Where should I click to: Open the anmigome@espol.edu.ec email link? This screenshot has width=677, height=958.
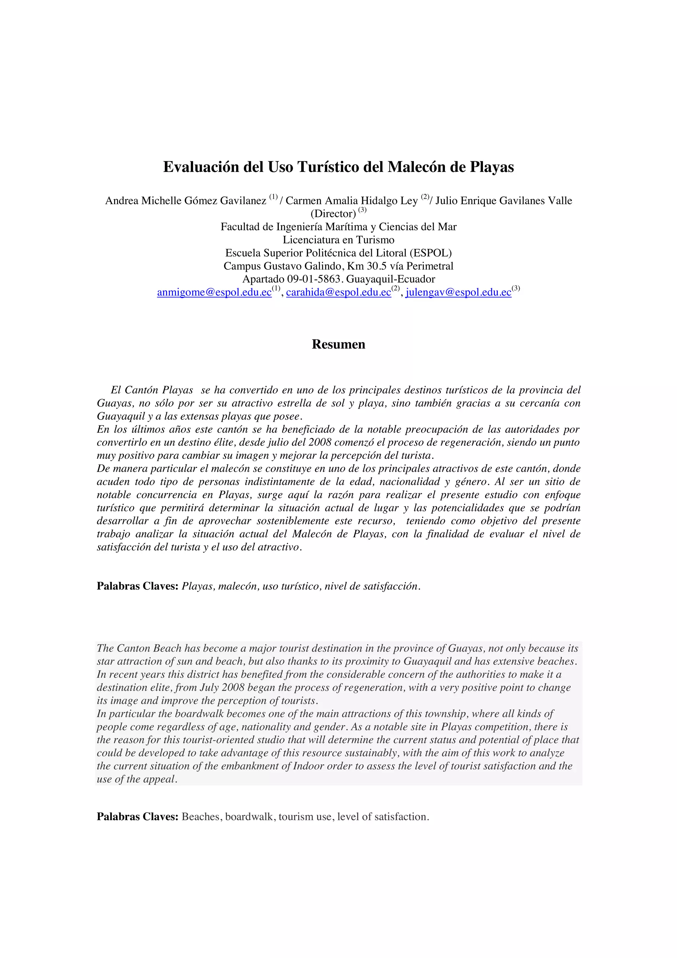215,293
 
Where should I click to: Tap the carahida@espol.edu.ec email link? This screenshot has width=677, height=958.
338,293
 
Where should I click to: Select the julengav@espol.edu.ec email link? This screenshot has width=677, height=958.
458,293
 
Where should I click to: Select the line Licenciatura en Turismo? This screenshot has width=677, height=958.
338,240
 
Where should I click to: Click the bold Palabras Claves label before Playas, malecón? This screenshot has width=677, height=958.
138,586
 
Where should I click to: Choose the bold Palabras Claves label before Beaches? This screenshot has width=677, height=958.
138,817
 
